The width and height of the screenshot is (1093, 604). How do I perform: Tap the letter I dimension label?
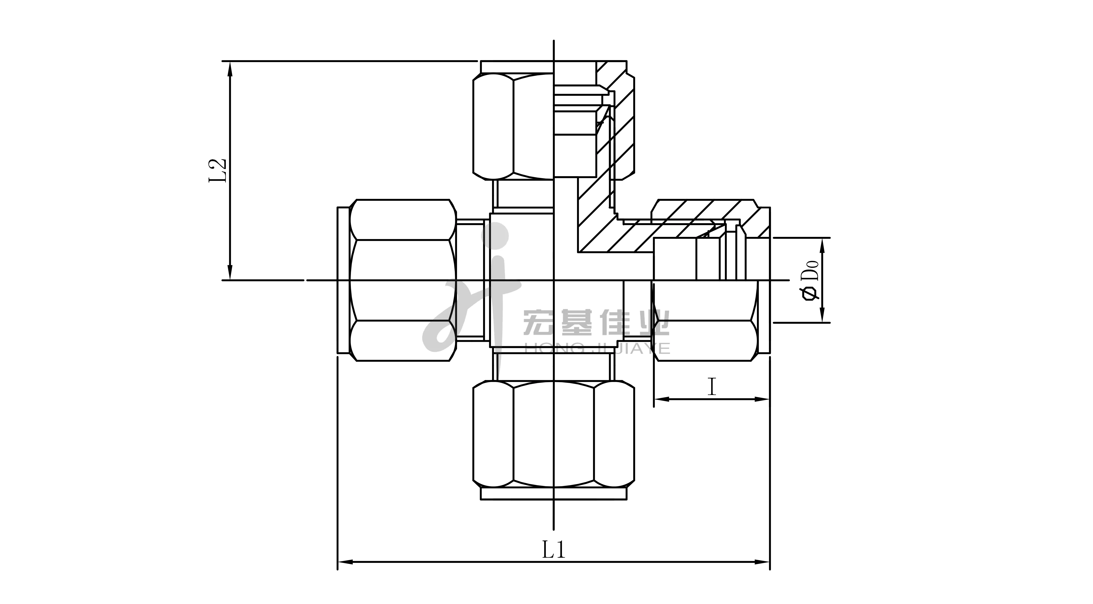[x=712, y=387]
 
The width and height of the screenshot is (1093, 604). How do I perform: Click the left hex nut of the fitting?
[x=403, y=280]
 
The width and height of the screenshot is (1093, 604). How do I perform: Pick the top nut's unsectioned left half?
[x=513, y=132]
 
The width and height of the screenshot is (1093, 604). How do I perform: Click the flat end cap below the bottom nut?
[x=554, y=494]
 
